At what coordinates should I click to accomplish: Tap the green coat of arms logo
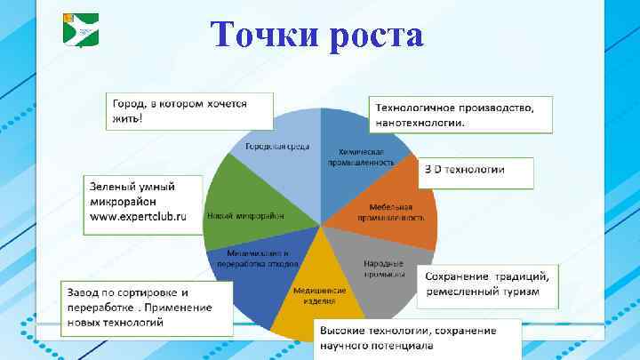click(x=81, y=29)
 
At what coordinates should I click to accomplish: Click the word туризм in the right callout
click(x=530, y=292)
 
